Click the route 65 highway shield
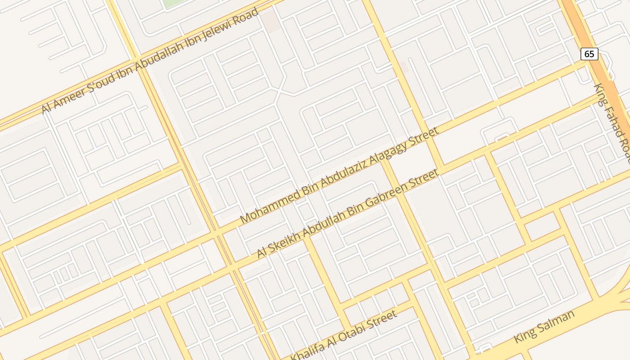pyautogui.click(x=589, y=54)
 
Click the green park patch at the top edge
pyautogui.click(x=171, y=3)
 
